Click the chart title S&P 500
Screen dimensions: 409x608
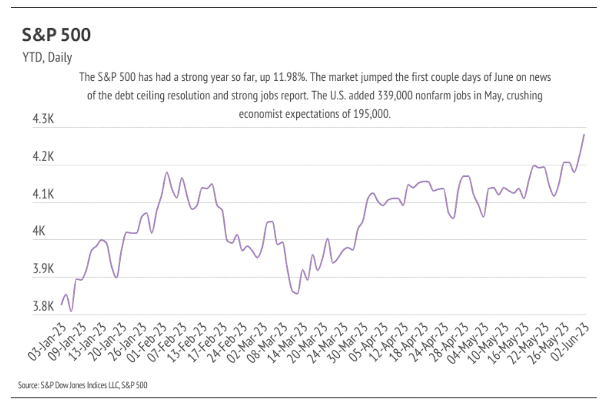[56, 35]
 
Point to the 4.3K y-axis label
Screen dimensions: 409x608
[44, 119]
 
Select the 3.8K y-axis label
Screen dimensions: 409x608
[44, 306]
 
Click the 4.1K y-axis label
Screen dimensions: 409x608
[44, 194]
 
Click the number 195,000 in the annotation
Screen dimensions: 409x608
[372, 113]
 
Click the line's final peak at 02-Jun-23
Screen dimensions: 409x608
[584, 134]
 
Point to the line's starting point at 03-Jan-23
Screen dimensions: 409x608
[61, 305]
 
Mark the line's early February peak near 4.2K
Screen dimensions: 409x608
[166, 173]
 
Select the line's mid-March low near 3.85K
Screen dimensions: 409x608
[296, 293]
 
